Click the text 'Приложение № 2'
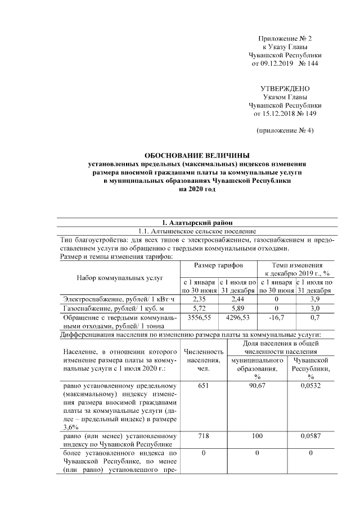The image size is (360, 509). pos(285,38)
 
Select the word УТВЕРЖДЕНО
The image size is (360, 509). pos(285,89)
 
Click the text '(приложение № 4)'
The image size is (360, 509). pos(285,130)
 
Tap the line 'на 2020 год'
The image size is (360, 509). pos(197,190)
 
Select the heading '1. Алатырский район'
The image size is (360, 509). pos(197,222)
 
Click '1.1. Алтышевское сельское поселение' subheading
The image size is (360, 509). pos(197,231)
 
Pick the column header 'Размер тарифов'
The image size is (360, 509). pos(218,264)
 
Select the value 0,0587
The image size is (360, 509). pos(310,435)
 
